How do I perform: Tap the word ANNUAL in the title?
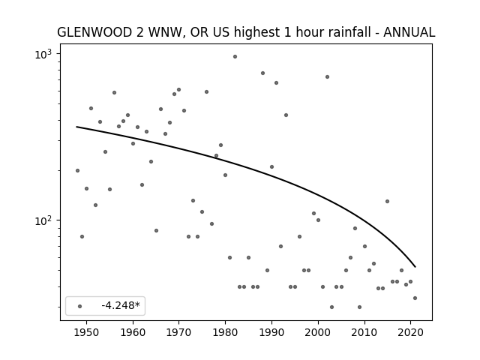(409, 32)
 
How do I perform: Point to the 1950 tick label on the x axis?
(87, 332)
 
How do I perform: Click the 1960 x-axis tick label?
(133, 332)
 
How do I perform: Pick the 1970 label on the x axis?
(179, 332)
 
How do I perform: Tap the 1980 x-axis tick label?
(225, 332)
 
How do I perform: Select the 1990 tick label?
(271, 332)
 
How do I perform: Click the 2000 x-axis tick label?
(318, 332)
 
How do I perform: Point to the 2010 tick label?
(364, 332)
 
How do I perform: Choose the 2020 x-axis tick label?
(410, 332)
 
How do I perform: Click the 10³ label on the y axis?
(43, 54)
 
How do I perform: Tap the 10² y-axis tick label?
(43, 220)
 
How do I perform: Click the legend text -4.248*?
(121, 305)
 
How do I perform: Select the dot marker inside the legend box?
(80, 306)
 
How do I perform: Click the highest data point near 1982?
(235, 57)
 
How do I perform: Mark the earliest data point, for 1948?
(77, 170)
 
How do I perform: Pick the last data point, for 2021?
(415, 298)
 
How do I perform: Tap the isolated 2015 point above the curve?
(387, 202)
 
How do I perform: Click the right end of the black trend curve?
(415, 267)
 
